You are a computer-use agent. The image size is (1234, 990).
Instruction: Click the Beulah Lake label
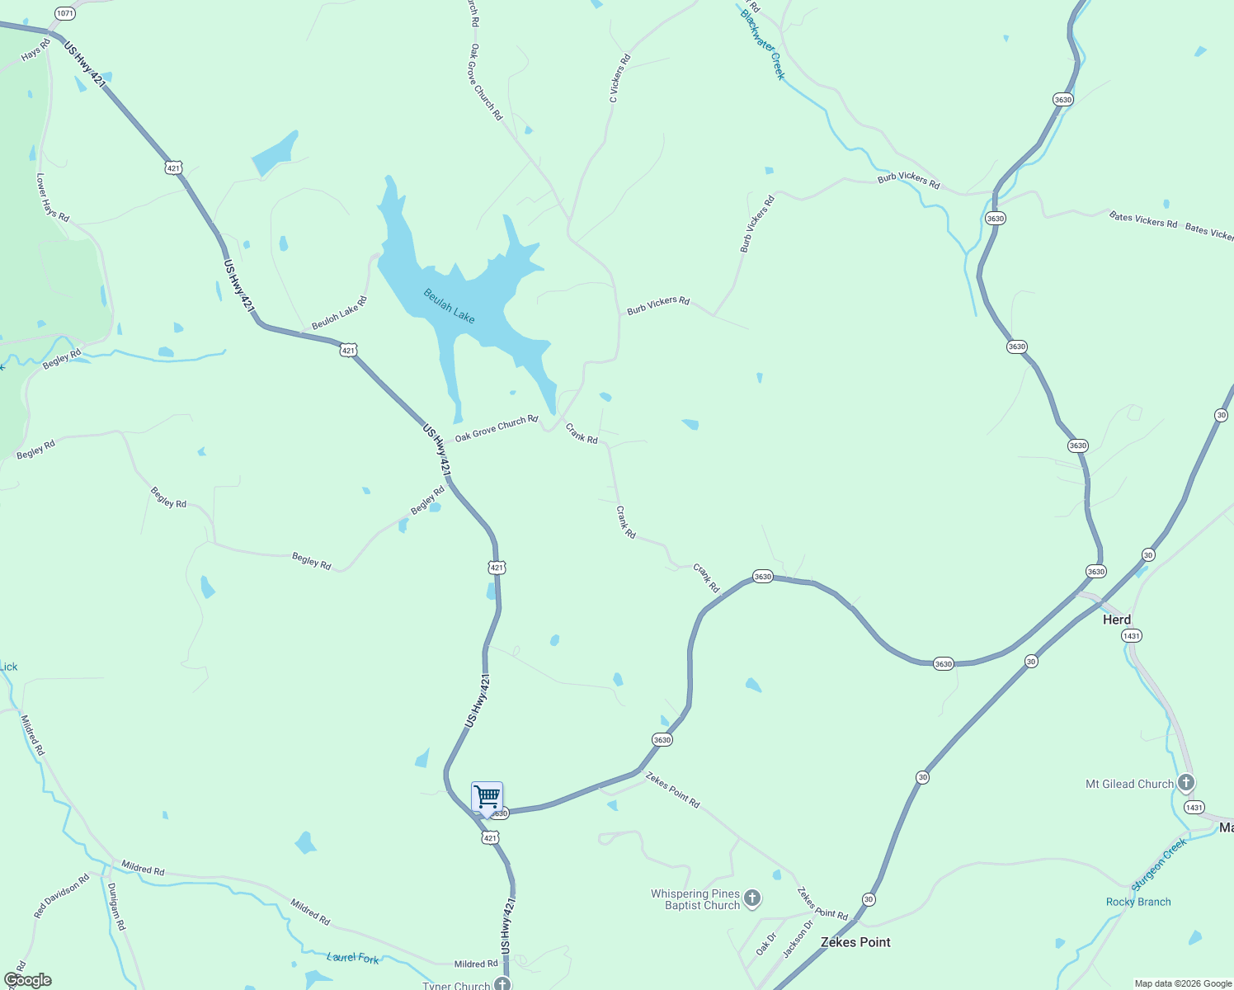click(x=450, y=305)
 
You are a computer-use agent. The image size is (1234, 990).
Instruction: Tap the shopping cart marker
click(x=487, y=797)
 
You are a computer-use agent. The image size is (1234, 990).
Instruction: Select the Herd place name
click(x=1117, y=620)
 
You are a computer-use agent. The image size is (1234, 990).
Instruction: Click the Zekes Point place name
click(x=855, y=942)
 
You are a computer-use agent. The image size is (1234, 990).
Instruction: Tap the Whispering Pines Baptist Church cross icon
click(x=751, y=898)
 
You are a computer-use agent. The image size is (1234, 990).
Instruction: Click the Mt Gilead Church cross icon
click(x=1185, y=782)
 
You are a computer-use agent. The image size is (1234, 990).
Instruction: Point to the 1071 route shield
click(x=64, y=13)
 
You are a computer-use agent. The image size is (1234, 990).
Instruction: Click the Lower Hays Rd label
click(x=53, y=197)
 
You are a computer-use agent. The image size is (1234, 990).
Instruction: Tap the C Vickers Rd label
click(x=619, y=78)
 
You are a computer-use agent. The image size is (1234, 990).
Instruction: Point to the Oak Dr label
click(x=766, y=944)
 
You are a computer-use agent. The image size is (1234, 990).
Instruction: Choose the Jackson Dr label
click(x=798, y=939)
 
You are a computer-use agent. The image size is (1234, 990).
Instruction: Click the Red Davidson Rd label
click(x=61, y=897)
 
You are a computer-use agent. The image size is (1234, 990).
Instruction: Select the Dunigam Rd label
click(x=116, y=907)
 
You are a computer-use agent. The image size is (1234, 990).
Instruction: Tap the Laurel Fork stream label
click(x=353, y=957)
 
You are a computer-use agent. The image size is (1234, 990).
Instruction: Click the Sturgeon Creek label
click(x=1159, y=864)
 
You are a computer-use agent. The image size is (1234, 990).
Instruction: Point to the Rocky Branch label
click(x=1138, y=902)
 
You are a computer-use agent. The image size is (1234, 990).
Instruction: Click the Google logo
click(x=27, y=980)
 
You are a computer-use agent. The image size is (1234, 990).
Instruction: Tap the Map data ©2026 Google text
click(x=1183, y=983)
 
